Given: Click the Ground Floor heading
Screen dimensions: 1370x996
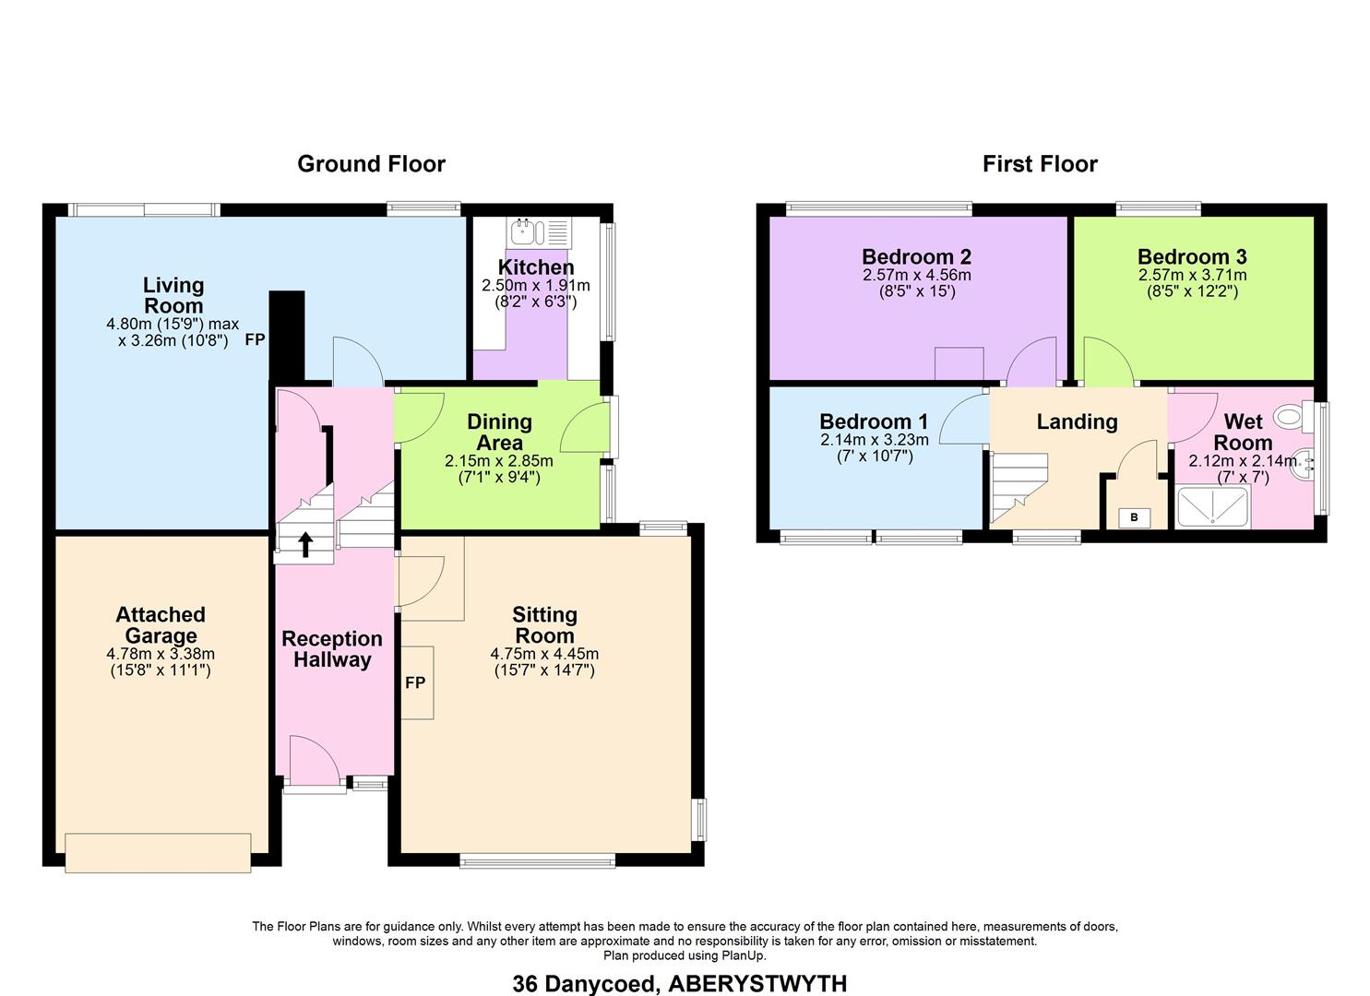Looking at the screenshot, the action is point(371,164).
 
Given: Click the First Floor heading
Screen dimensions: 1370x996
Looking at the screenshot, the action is point(1040,164).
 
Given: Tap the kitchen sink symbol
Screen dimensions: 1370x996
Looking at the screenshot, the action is point(539,231).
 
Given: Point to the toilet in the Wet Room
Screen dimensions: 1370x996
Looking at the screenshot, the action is point(1293,418).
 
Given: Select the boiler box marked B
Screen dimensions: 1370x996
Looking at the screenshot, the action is point(1134,518).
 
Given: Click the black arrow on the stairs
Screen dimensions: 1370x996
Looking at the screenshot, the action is point(305,544).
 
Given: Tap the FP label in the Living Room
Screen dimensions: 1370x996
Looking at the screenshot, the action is point(255,339).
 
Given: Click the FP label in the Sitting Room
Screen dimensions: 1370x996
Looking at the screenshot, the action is point(415,682).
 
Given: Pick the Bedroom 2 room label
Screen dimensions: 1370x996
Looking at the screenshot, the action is point(916,256).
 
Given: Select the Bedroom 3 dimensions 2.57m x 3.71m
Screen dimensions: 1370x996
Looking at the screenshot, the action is point(1192,275).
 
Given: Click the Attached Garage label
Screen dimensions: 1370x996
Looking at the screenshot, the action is point(161,625).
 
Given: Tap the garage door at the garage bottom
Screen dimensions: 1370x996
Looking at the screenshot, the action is point(158,852).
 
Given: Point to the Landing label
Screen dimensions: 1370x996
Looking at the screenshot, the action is point(1077,421).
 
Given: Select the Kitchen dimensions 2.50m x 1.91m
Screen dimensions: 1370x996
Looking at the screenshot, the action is point(536,285).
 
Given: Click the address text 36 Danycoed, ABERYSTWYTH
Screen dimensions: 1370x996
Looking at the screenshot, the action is point(680,984).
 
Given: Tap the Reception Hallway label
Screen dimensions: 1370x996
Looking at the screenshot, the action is point(332,649).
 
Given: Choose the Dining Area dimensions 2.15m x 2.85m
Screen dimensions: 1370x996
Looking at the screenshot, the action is point(499,460).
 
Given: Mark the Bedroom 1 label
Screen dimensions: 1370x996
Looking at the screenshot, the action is point(874,421).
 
